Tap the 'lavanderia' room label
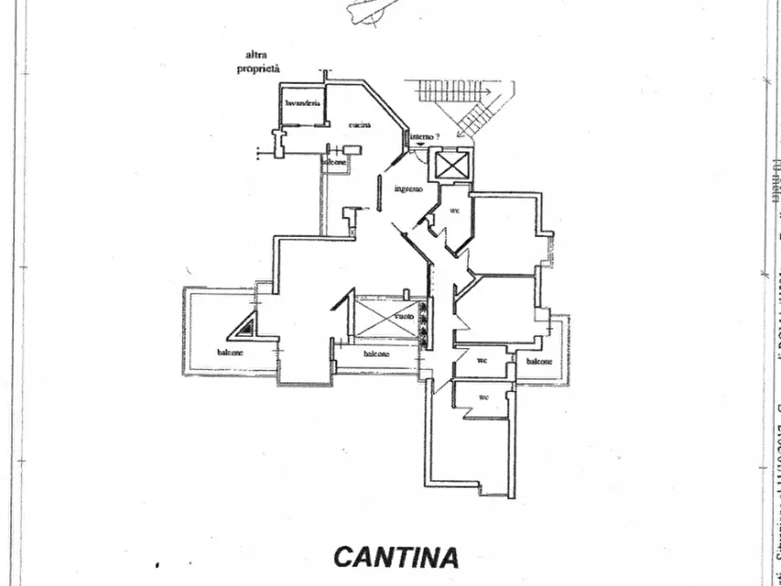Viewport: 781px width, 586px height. click(x=303, y=104)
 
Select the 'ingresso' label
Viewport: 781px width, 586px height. click(x=408, y=189)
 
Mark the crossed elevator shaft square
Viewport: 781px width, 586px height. click(x=452, y=164)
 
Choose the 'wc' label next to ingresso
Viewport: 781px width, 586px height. click(x=455, y=211)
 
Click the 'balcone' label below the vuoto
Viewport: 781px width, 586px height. click(x=377, y=354)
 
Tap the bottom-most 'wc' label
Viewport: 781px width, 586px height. click(x=484, y=396)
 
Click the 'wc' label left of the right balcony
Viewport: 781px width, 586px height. click(x=482, y=359)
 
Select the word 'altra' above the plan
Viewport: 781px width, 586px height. click(x=255, y=54)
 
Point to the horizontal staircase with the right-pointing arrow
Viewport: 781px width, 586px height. click(x=450, y=90)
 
